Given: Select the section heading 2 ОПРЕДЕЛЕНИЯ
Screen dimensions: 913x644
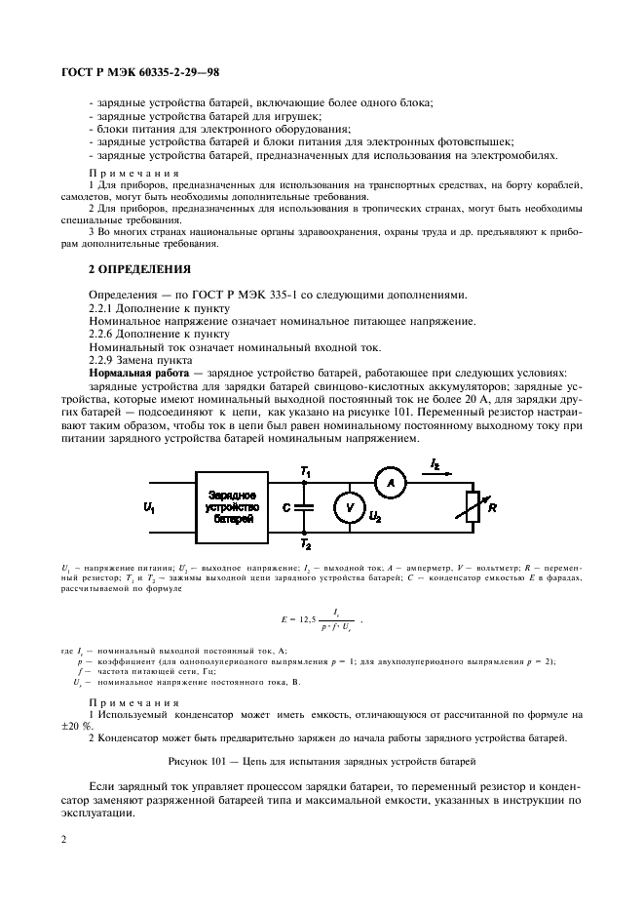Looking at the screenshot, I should click(140, 268).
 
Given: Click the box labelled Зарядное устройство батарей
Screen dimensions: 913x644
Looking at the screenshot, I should click(232, 507).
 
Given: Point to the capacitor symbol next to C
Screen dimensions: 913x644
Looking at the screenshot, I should click(305, 507).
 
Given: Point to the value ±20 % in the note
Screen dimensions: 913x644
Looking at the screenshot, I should click(103, 725).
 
